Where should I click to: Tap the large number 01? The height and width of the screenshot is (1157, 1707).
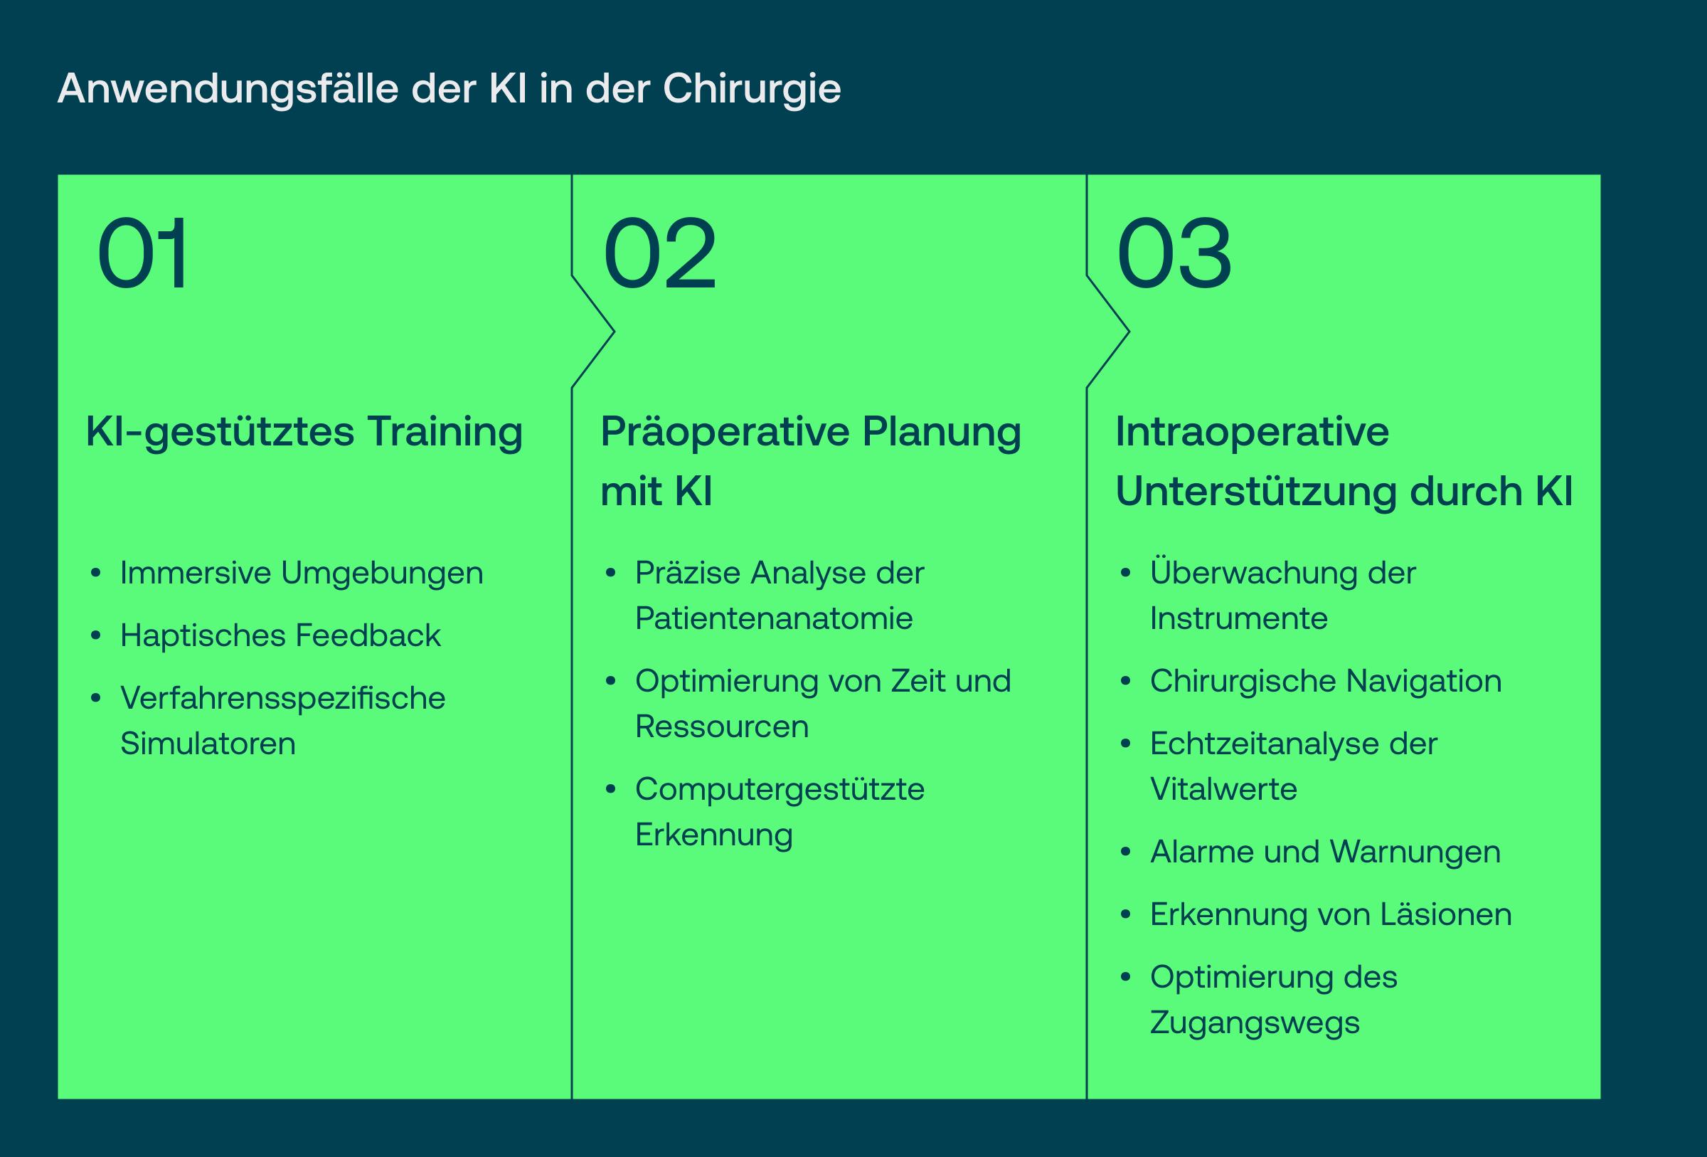(x=142, y=253)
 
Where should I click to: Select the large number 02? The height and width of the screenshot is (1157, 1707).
(x=659, y=253)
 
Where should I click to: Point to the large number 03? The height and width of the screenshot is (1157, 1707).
(x=1174, y=253)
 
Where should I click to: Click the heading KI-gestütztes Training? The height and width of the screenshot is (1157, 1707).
(x=304, y=433)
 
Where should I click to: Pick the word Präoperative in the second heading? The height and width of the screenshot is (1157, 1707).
(x=724, y=433)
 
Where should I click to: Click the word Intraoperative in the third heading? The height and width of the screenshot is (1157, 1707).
(x=1253, y=431)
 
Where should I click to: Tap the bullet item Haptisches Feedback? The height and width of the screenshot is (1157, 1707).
(x=280, y=635)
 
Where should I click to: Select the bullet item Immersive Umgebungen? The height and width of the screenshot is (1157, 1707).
(x=302, y=574)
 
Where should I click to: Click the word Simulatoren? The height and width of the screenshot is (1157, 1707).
(x=208, y=744)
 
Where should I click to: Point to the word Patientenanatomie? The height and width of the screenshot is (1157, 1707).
(x=773, y=618)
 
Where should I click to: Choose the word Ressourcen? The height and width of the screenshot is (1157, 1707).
(x=722, y=727)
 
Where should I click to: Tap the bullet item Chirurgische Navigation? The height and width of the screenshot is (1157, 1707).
(x=1326, y=682)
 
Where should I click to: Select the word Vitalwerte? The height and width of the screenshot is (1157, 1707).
(x=1223, y=789)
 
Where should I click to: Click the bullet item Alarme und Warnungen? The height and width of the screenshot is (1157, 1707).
(x=1325, y=853)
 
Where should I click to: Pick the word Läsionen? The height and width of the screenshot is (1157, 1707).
(x=1445, y=914)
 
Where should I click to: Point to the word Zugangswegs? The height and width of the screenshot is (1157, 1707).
(x=1255, y=1023)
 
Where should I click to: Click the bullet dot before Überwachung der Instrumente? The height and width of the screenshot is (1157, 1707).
(x=1124, y=574)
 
